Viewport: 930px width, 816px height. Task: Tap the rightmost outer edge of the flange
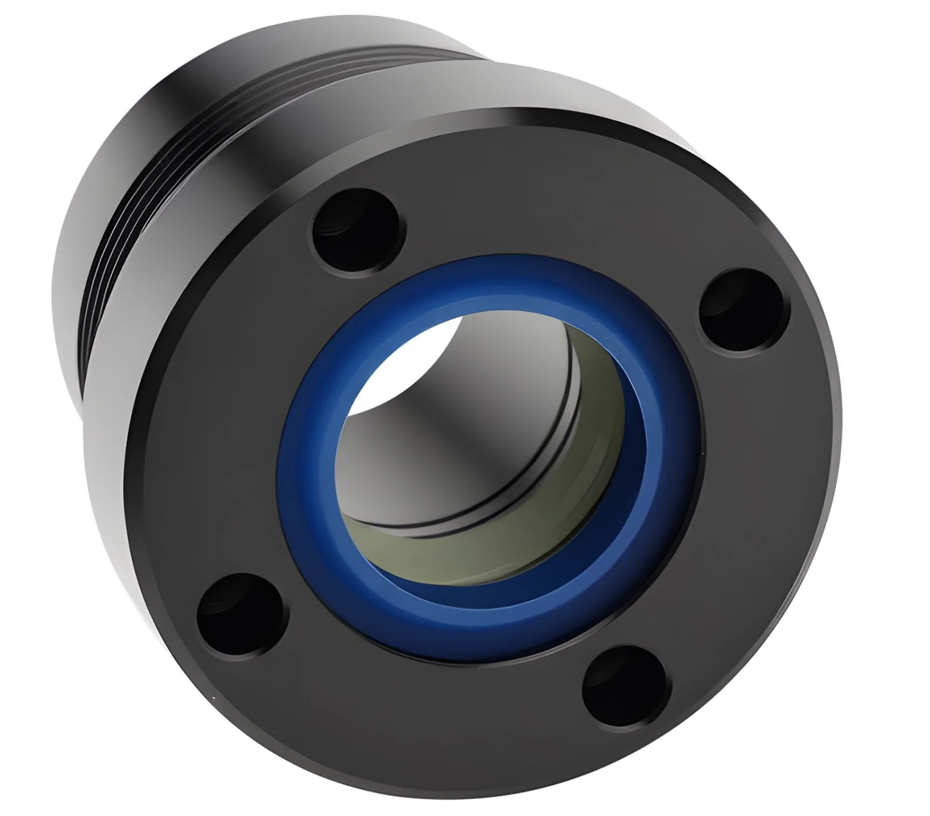[839, 459]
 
